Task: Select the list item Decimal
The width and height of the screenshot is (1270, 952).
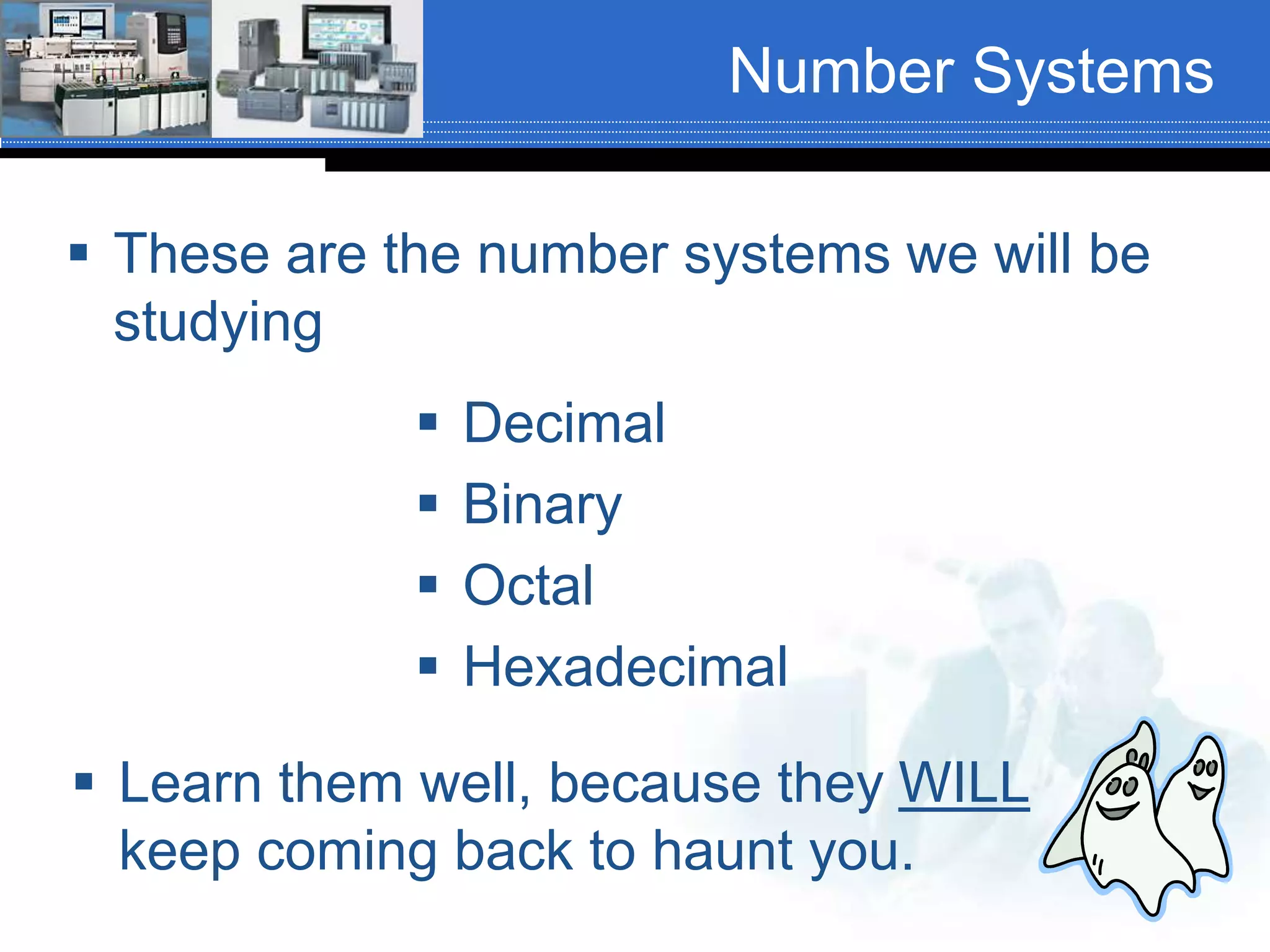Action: pos(564,423)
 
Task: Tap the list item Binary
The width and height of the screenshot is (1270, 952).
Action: pos(542,505)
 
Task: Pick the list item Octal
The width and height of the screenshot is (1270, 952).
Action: pos(528,586)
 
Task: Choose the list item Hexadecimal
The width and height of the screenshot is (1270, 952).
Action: pos(625,667)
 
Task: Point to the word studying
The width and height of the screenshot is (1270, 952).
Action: pos(218,322)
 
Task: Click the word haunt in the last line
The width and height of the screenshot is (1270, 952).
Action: pos(723,852)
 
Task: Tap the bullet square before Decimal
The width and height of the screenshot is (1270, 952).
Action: pos(428,422)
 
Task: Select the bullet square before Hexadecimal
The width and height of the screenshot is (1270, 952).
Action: pos(428,666)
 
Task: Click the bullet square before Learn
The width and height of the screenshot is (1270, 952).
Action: pos(84,782)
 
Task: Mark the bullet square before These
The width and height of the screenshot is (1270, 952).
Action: pos(79,252)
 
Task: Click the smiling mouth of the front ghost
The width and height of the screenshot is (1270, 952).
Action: pos(1117,809)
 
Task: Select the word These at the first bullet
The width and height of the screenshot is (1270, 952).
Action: pos(191,254)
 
